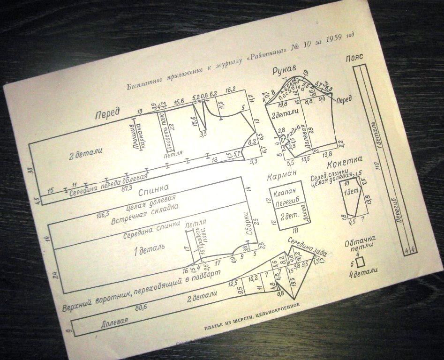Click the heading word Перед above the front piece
[107, 113]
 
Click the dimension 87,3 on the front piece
[127, 187]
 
